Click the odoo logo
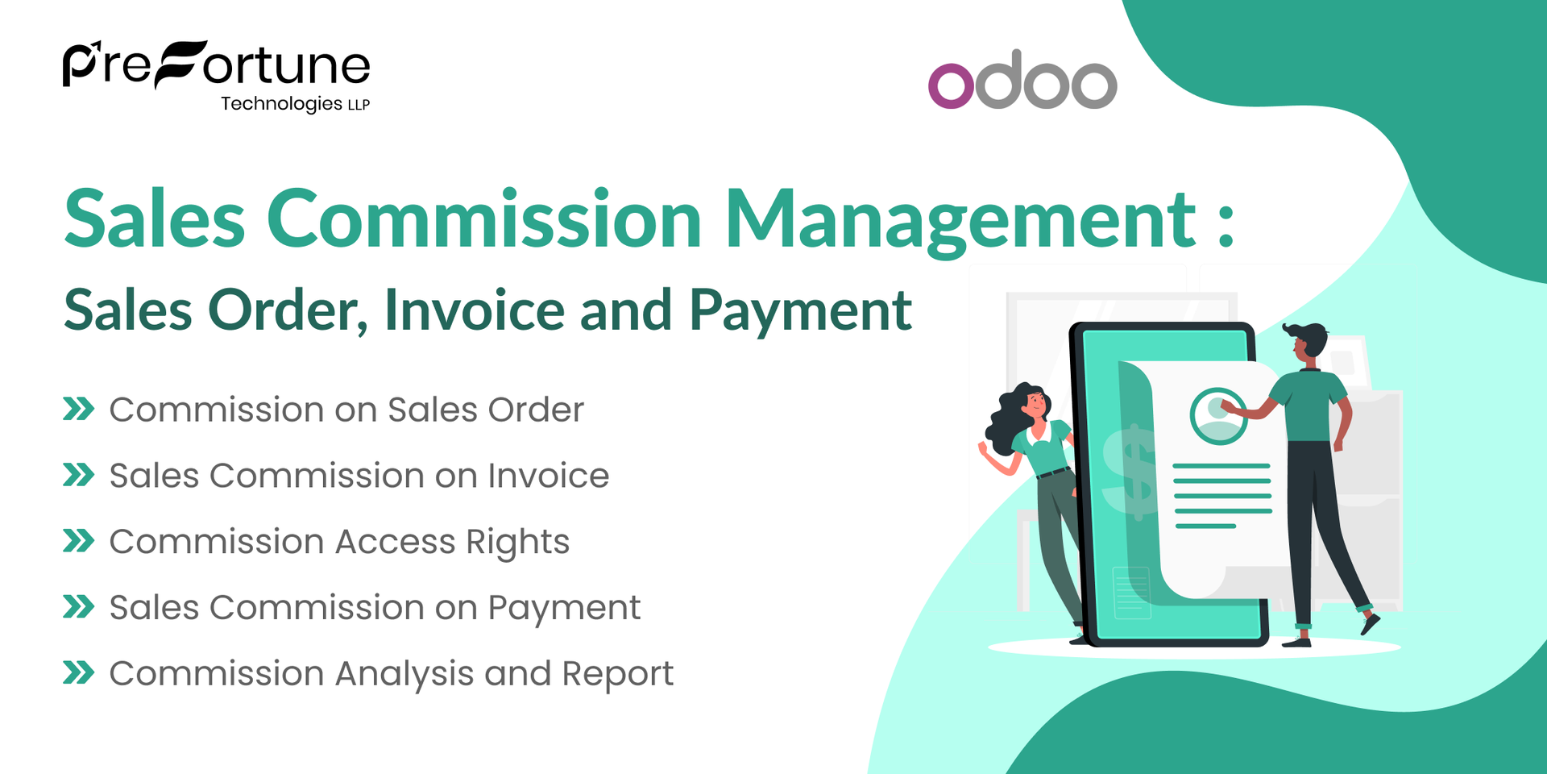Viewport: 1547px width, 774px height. click(x=1022, y=80)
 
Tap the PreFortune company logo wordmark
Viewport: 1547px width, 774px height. click(x=216, y=64)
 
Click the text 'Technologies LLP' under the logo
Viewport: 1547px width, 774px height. click(x=295, y=104)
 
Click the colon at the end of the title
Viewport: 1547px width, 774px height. click(x=1226, y=226)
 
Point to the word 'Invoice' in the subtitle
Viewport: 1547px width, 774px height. click(x=474, y=310)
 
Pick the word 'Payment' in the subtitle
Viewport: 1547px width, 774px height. click(x=800, y=311)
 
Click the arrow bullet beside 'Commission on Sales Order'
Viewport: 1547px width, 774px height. click(x=79, y=409)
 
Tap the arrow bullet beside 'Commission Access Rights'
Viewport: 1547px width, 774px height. click(x=79, y=541)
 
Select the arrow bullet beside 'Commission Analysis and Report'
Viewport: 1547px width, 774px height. click(x=79, y=672)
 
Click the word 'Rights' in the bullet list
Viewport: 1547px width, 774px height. click(x=517, y=543)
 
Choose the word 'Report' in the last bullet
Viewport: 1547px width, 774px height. click(x=617, y=674)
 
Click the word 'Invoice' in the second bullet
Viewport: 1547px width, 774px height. click(x=548, y=476)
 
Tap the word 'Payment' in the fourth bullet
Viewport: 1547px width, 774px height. click(x=564, y=609)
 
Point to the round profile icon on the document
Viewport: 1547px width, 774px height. click(x=1217, y=416)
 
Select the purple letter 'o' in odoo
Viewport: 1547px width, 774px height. click(x=951, y=85)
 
